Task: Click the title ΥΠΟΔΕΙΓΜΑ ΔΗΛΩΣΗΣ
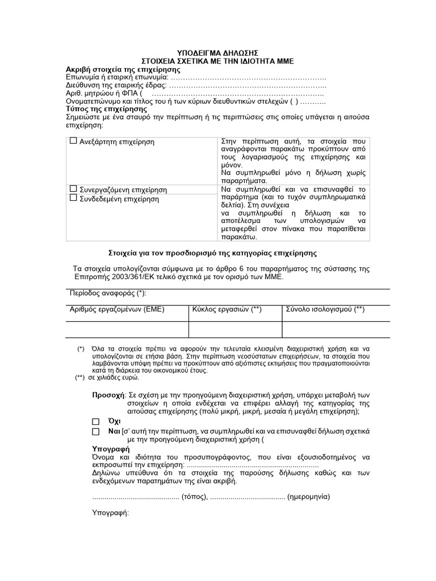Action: [217, 52]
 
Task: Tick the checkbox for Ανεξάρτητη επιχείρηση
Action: [73, 141]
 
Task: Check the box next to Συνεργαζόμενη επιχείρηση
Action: [73, 188]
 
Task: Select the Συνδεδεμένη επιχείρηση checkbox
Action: [73, 197]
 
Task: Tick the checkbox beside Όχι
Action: [95, 422]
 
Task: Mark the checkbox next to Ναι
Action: [95, 432]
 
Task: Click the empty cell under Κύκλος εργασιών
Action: [235, 329]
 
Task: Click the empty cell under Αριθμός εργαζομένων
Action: [127, 329]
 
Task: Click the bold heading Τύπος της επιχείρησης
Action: [107, 108]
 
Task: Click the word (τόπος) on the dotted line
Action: [195, 495]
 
